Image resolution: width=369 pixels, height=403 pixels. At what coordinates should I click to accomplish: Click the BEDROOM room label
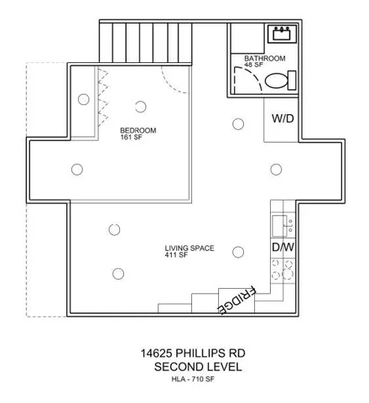(138, 130)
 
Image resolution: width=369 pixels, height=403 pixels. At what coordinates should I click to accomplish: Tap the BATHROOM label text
(265, 59)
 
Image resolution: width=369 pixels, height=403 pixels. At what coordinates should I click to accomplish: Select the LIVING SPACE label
(190, 249)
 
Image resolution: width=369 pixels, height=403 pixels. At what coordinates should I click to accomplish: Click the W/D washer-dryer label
(283, 118)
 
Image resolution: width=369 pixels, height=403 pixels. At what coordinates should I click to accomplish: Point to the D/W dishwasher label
(283, 247)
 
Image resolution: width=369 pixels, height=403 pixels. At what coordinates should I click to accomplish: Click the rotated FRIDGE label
(236, 301)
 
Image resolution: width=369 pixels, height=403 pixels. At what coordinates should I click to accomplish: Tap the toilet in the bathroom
(280, 81)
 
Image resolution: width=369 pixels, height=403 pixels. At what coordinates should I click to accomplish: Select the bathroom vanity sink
(282, 34)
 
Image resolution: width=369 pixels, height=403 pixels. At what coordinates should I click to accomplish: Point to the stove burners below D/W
(283, 270)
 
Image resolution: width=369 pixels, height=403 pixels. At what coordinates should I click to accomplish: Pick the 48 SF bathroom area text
(254, 65)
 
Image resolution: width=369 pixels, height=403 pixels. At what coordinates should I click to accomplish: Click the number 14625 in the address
(156, 353)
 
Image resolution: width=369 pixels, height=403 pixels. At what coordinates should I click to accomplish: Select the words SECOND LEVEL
(198, 367)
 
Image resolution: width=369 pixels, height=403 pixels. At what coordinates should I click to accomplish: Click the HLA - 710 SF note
(193, 379)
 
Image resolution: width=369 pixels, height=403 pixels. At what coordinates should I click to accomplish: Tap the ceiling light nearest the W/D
(238, 124)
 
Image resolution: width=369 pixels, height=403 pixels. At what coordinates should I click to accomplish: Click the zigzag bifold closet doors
(103, 97)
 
